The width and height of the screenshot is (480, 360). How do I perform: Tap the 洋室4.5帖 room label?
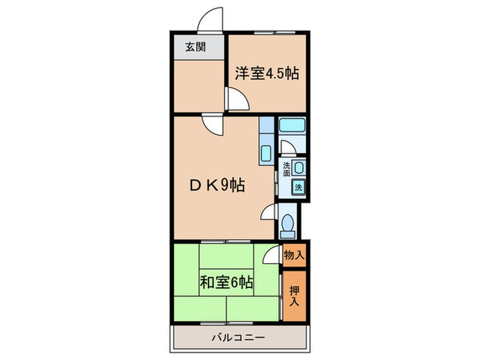pos(267,73)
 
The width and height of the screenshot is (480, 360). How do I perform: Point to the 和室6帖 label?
pos(227,281)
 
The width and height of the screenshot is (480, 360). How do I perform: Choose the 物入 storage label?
pos(294,254)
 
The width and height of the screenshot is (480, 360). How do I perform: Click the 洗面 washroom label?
pos(287,169)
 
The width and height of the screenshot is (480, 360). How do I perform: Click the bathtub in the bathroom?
pos(291,126)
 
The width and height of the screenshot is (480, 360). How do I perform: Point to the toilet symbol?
pos(289,224)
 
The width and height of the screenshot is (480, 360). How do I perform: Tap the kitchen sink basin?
pos(265,152)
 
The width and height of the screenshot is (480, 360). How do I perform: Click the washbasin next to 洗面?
pos(299,167)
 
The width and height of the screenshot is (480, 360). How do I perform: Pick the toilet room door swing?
pos(269,213)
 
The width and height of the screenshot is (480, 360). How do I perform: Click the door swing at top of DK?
pos(211,125)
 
